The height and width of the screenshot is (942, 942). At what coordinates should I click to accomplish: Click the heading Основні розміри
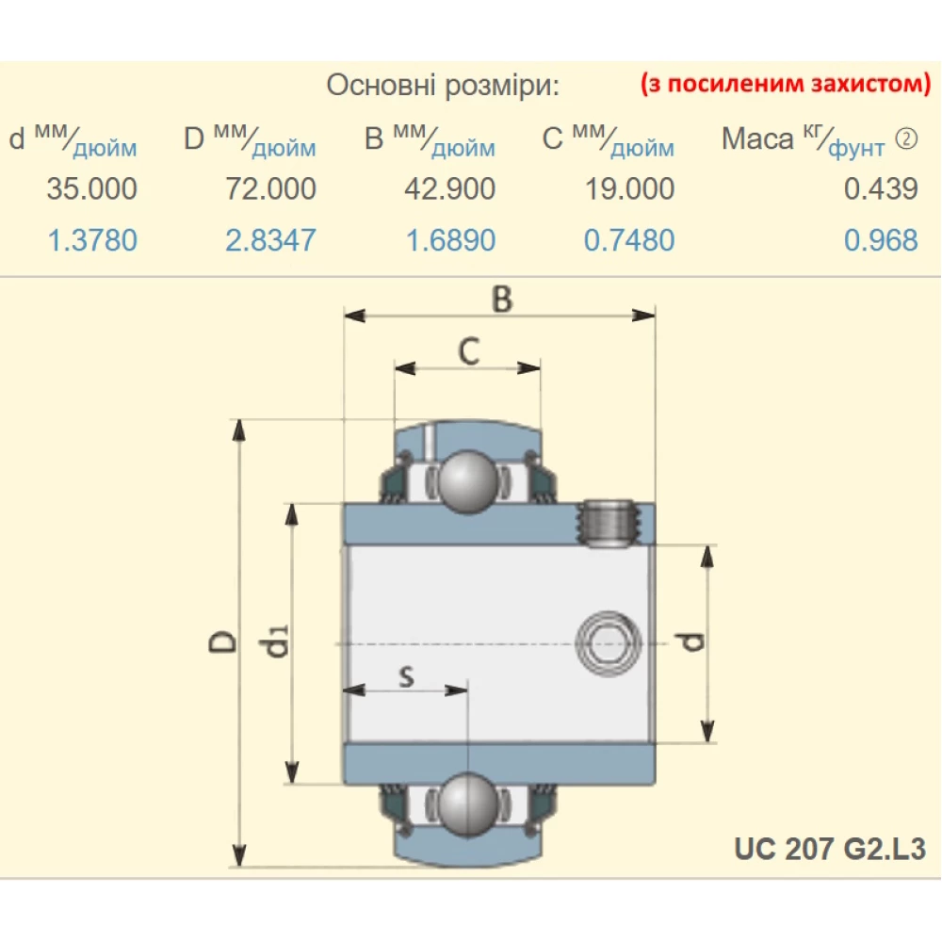(x=443, y=86)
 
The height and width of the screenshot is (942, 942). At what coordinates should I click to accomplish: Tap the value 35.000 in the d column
(x=91, y=188)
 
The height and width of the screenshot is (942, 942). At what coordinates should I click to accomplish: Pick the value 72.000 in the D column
(x=270, y=188)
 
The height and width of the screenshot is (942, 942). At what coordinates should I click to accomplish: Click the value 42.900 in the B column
(x=449, y=188)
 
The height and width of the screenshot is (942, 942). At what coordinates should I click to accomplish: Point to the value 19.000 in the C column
(x=628, y=188)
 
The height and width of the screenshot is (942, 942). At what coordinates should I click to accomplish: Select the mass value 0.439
(x=880, y=188)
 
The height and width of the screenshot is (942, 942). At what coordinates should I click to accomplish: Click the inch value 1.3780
(x=91, y=240)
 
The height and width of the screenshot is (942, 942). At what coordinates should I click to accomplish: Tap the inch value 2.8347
(x=270, y=240)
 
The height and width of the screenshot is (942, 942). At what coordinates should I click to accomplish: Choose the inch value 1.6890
(x=449, y=240)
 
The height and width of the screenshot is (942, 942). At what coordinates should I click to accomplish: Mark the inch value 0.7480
(x=628, y=240)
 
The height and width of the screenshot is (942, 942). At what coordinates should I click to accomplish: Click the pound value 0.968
(x=880, y=240)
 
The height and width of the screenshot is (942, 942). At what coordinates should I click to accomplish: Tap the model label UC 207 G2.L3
(x=830, y=849)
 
